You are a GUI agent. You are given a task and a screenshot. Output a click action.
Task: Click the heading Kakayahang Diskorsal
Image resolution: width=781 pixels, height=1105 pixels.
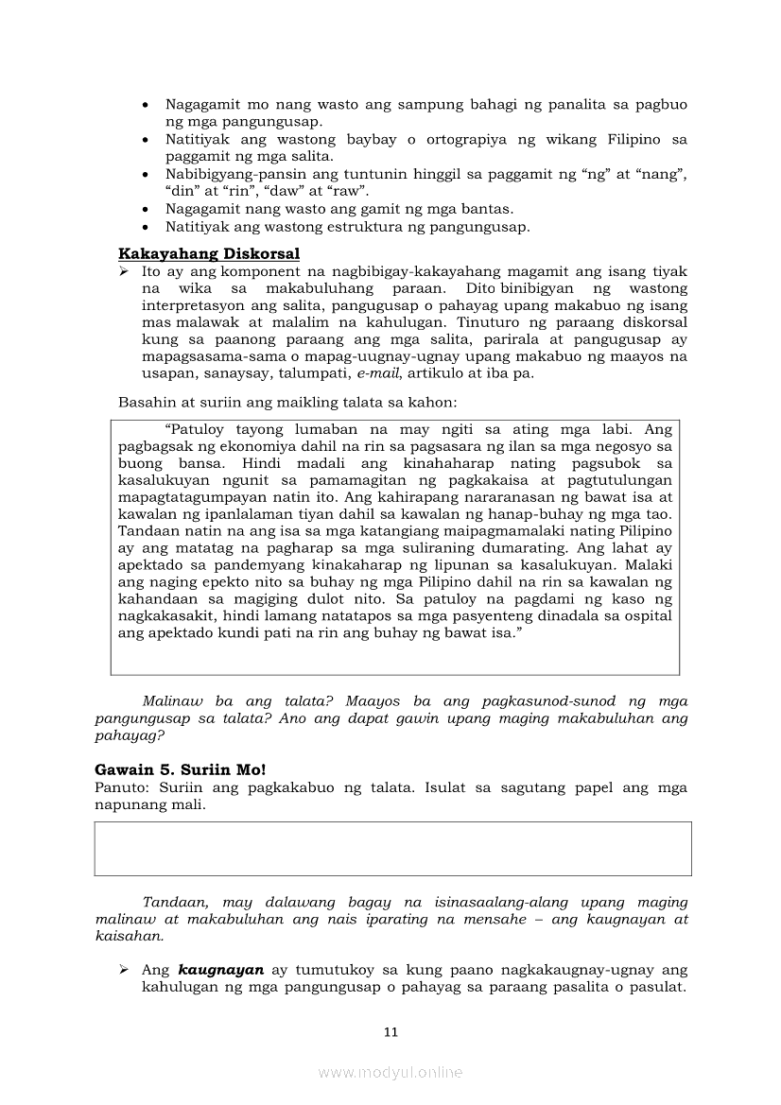tap(209, 253)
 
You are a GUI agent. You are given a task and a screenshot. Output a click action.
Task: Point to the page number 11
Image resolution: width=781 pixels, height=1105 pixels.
tap(390, 1032)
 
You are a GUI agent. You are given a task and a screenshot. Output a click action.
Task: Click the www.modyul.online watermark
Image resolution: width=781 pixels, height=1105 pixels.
tap(390, 1072)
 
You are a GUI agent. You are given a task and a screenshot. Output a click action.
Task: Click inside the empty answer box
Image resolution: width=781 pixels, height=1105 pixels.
tap(392, 848)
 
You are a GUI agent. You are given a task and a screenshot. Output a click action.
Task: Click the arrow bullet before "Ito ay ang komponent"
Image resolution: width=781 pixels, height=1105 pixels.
tap(124, 271)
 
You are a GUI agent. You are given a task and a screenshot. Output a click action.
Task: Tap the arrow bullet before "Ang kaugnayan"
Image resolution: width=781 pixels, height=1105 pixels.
tap(124, 970)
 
